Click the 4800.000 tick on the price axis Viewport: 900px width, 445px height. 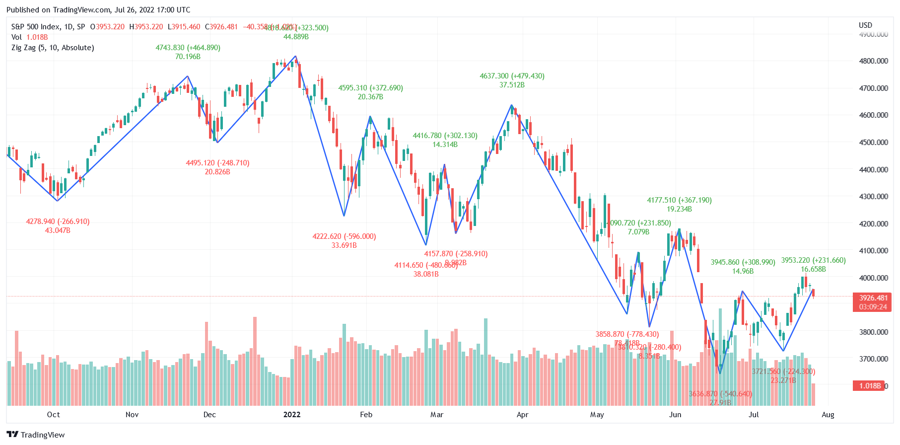click(x=873, y=61)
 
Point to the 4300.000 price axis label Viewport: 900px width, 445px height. click(x=873, y=197)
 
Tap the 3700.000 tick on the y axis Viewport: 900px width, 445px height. click(x=873, y=359)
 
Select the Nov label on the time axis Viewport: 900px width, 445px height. click(x=132, y=415)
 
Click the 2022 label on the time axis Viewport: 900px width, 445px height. click(x=292, y=415)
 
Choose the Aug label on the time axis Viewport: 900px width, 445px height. click(x=828, y=415)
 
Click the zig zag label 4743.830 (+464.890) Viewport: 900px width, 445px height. click(x=188, y=48)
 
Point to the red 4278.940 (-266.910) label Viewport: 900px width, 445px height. click(x=58, y=222)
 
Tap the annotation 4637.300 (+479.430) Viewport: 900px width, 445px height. click(x=512, y=76)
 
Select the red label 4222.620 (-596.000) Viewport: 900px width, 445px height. click(x=344, y=236)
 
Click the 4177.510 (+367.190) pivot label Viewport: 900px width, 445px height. click(x=679, y=200)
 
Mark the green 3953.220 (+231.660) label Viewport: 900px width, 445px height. click(x=813, y=260)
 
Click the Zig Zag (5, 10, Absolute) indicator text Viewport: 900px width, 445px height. click(x=53, y=48)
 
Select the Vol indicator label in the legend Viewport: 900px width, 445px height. click(x=16, y=37)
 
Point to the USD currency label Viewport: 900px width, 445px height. click(x=865, y=25)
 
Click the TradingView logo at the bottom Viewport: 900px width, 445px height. click(x=36, y=435)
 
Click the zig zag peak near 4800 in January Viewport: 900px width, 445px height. click(x=295, y=56)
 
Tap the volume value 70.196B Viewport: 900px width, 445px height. click(x=188, y=57)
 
